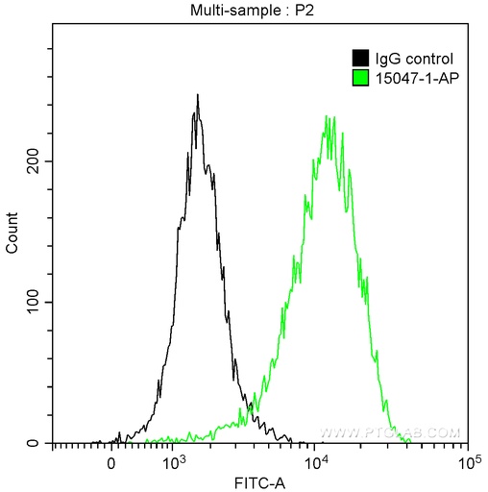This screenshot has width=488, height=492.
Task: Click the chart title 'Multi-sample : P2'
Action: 258,11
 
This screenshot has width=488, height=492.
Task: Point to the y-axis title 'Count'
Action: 12,234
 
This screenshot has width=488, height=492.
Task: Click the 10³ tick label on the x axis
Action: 173,461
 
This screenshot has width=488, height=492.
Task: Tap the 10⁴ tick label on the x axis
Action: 318,461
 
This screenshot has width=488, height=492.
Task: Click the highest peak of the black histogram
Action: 197,95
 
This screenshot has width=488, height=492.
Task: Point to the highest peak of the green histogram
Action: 328,117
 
